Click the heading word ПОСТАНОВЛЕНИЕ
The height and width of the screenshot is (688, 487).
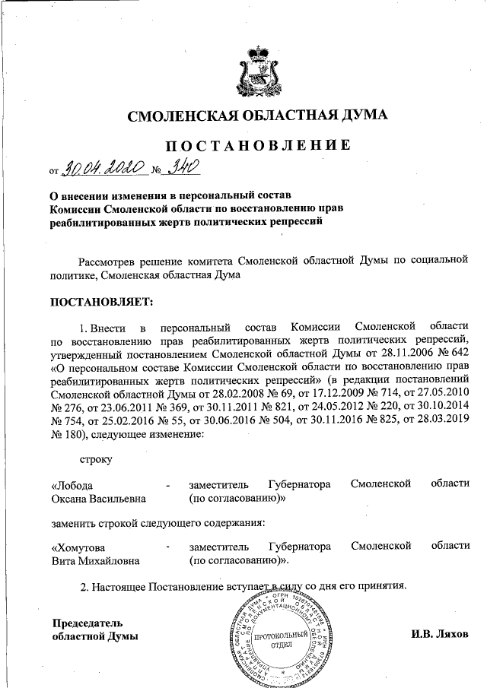pos(258,144)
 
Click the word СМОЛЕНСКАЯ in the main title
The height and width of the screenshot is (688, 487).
pos(187,116)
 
